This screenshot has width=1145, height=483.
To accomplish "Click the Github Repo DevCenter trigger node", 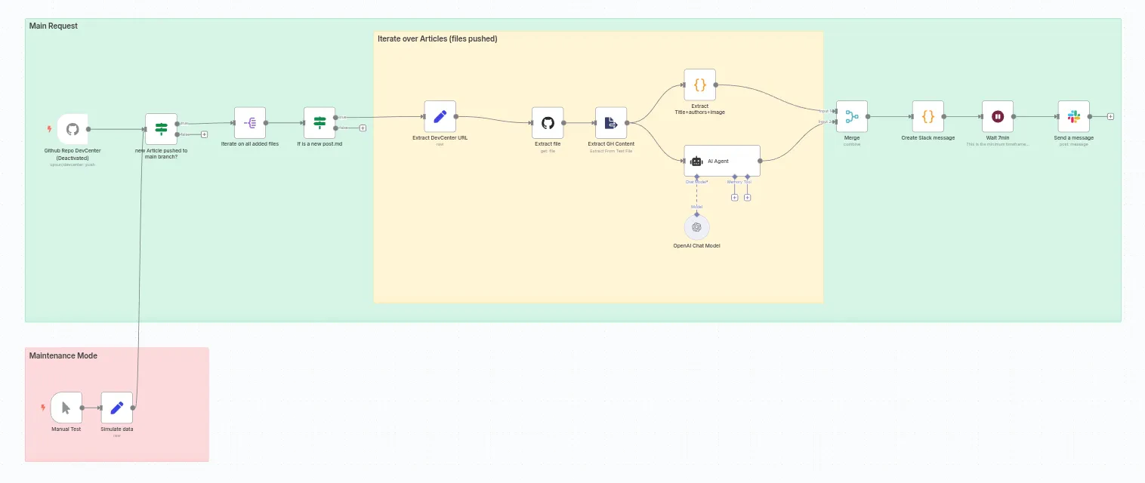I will [x=73, y=129].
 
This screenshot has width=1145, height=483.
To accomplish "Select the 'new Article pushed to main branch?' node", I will [x=161, y=129].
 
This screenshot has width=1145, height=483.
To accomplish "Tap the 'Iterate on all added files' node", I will [x=250, y=122].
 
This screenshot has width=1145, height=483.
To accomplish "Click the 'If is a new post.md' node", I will [x=319, y=122].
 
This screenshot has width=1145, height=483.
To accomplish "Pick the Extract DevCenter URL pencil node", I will [x=440, y=116].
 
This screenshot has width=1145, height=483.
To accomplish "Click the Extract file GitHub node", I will [x=548, y=122].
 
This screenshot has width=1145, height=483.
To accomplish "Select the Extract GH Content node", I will [x=611, y=122].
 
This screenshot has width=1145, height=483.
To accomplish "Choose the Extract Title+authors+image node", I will [x=699, y=85].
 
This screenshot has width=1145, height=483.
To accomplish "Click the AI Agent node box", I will [x=721, y=161].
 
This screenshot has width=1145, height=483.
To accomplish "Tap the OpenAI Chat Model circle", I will [x=696, y=227].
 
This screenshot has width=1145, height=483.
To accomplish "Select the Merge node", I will [x=851, y=116].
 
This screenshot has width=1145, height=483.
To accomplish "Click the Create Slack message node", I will [x=927, y=116].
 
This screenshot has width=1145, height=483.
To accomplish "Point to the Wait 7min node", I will [x=997, y=116].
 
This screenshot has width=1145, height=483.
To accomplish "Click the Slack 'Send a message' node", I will [x=1073, y=116].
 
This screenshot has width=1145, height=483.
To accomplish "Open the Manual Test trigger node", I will [x=66, y=408].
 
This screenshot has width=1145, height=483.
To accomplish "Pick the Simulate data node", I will [x=116, y=408].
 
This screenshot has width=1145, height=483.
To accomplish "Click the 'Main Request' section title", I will [x=54, y=26].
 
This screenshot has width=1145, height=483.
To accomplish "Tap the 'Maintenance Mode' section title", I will [x=63, y=355].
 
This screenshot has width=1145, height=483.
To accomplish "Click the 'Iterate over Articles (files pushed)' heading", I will [x=437, y=38].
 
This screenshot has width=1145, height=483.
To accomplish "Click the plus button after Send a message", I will [x=1110, y=116].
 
